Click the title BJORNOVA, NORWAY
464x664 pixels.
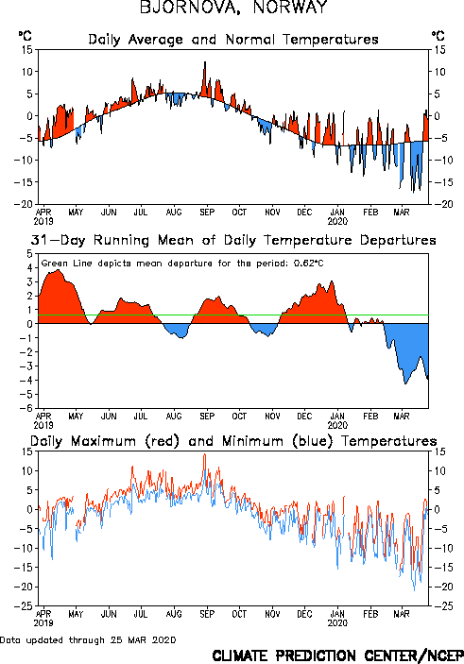pos(233,7)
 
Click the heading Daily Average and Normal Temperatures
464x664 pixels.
pos(233,40)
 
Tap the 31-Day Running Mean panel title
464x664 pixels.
pos(233,240)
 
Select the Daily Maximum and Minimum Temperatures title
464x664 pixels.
pos(233,441)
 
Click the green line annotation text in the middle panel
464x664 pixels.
pos(182,264)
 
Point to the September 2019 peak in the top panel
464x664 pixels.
pos(205,61)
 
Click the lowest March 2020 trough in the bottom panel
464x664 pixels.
pos(415,590)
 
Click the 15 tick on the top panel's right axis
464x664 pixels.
pos(439,49)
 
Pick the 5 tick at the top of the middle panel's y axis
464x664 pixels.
pos(29,254)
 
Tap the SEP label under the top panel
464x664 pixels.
pos(207,212)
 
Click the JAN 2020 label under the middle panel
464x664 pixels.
pos(337,420)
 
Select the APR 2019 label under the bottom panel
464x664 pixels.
pos(43,619)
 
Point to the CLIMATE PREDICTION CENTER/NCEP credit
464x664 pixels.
pos(337,655)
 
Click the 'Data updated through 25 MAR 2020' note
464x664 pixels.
pos(88,639)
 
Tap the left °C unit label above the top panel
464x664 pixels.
pos(25,36)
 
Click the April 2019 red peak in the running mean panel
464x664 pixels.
pos(59,270)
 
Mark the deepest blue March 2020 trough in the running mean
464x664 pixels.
pos(405,384)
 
